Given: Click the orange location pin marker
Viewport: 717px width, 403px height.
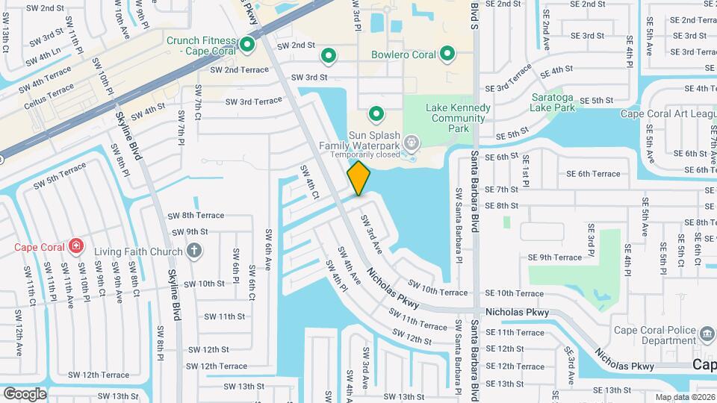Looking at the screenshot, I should [x=358, y=178].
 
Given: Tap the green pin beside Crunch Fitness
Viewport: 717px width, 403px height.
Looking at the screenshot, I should [x=247, y=46].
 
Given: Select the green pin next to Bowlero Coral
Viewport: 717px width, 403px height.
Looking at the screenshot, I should [x=447, y=54].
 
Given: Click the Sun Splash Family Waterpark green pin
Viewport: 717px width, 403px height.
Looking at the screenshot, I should [x=376, y=114].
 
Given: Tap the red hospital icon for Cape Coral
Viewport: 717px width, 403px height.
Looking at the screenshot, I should [x=75, y=246].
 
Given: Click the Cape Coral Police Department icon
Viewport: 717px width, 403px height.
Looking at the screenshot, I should [x=707, y=331].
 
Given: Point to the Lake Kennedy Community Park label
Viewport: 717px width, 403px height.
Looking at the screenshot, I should [x=459, y=118].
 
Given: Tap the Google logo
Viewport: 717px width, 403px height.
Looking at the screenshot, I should [x=25, y=393].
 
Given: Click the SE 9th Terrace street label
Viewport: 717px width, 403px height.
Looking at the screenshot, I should [x=554, y=257].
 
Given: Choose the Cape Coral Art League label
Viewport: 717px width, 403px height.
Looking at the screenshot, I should [x=667, y=114].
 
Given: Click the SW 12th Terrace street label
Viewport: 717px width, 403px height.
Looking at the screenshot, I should [x=217, y=366].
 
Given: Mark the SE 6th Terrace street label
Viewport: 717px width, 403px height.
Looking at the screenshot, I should [x=593, y=174].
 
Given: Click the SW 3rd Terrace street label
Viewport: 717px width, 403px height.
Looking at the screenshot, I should [x=253, y=101].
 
